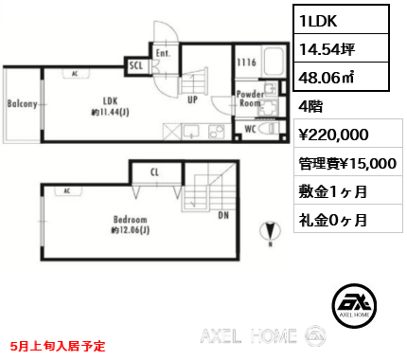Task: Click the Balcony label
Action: (22, 104)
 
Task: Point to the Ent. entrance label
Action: (162, 54)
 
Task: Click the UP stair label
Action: (193, 99)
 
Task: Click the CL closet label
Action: (154, 173)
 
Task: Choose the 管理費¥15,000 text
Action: (346, 163)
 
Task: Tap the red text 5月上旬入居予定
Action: (57, 347)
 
